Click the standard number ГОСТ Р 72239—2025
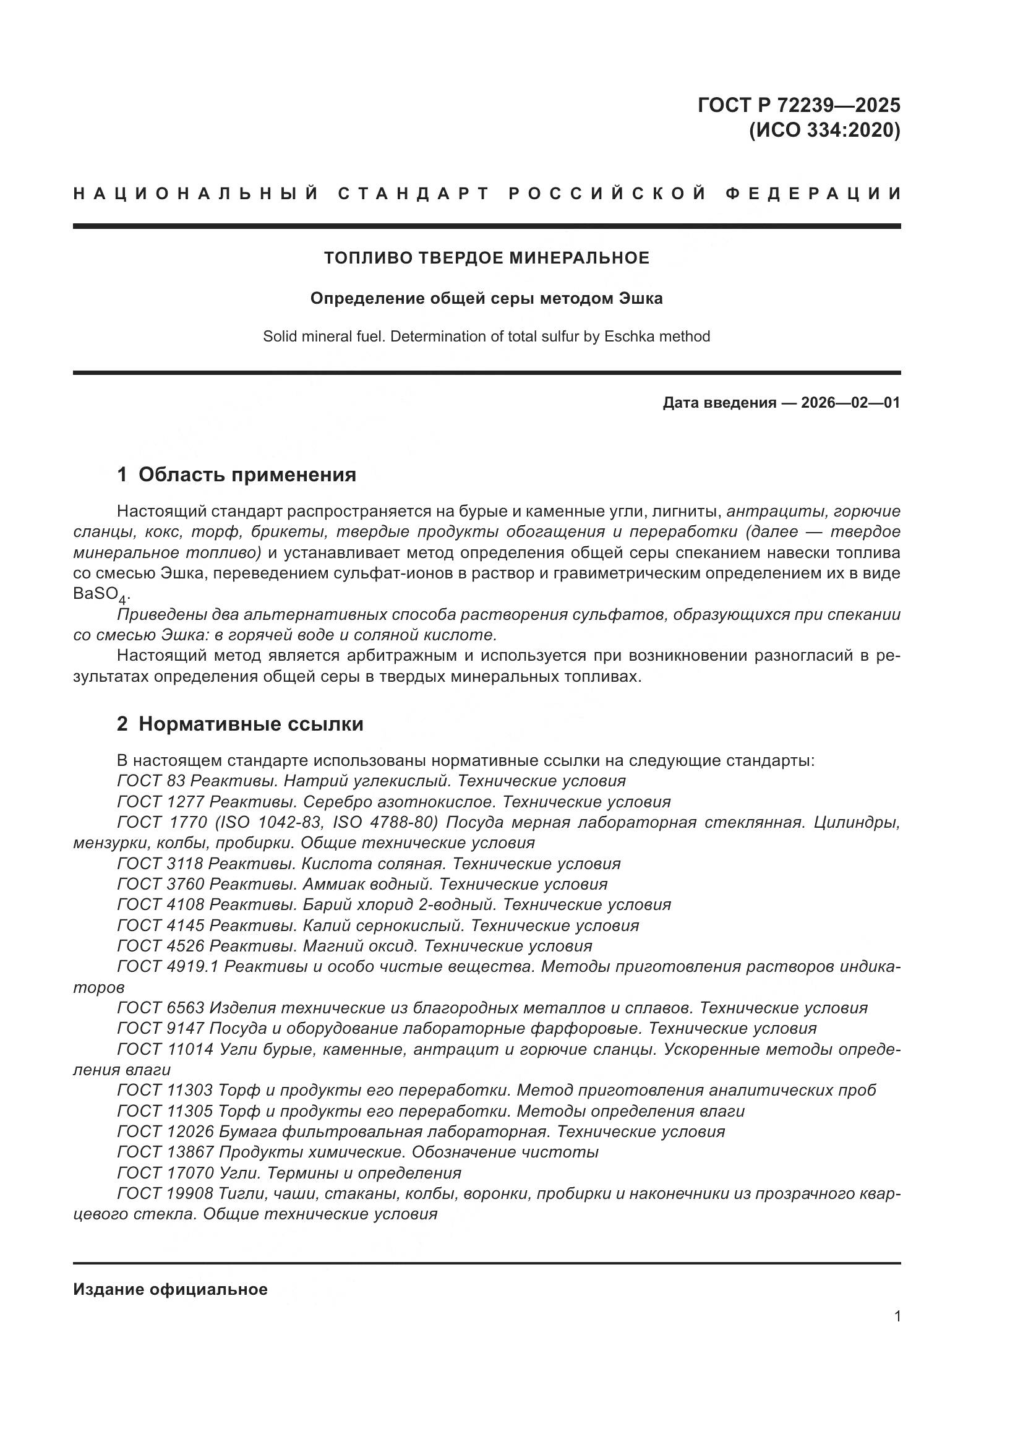(798, 105)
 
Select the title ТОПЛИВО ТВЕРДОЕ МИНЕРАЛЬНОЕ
(486, 258)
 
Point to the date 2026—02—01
(850, 403)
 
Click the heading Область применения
(247, 474)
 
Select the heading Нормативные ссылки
(250, 724)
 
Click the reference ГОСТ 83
(151, 781)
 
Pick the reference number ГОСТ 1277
(161, 802)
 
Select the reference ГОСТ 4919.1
(168, 967)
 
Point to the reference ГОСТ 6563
(161, 1008)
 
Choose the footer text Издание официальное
(170, 1289)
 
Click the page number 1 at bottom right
(897, 1316)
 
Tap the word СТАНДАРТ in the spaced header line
(413, 194)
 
